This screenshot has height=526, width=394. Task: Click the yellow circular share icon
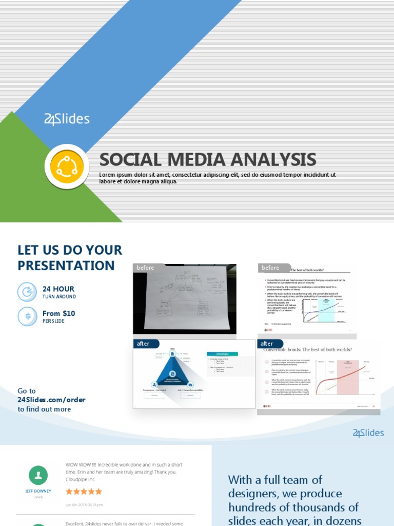point(67,166)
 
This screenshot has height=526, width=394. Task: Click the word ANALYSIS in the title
point(273,160)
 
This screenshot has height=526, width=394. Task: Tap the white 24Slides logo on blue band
point(67,120)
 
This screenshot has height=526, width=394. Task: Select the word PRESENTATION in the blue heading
point(66,266)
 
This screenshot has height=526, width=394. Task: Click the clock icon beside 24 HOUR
point(27,292)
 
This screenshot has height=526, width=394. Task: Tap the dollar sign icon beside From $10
point(27,316)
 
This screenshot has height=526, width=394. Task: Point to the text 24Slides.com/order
point(51,400)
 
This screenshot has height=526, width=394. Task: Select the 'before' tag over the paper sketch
point(146,268)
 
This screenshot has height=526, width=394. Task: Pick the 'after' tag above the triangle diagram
point(143,343)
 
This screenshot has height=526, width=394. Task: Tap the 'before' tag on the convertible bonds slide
point(270,268)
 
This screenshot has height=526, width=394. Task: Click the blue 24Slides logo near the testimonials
point(368,433)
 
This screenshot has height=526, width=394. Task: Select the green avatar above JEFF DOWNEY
point(38,476)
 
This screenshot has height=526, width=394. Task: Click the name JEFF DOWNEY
point(38,491)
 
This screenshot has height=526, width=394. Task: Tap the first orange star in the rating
point(69,492)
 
